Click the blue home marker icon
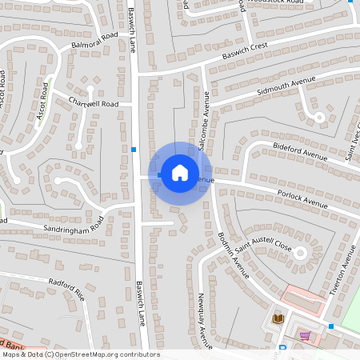(180, 172)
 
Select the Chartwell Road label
(94, 104)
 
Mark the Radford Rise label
(66, 288)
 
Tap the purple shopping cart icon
(305, 336)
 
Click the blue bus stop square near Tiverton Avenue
(331, 326)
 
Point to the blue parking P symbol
(282, 349)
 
